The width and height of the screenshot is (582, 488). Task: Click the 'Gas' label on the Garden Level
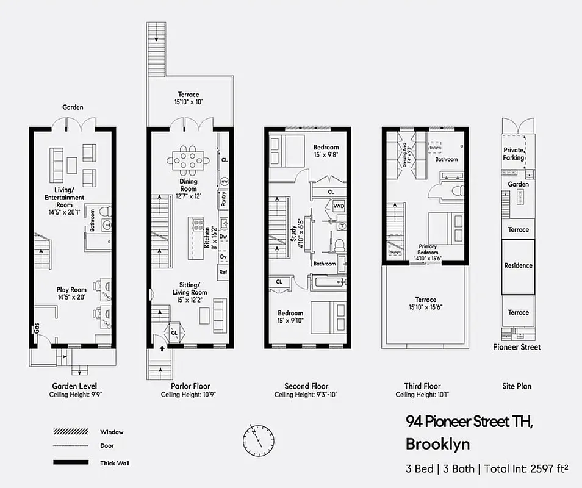click(36, 329)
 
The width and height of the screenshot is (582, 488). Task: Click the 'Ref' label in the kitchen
click(223, 272)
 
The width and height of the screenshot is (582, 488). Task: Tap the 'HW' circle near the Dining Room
click(224, 182)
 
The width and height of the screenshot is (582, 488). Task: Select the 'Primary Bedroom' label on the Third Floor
click(428, 249)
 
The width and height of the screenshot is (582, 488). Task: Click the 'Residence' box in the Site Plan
click(518, 265)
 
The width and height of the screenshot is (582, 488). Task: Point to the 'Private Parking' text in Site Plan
click(513, 154)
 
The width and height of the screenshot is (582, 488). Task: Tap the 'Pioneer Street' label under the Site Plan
click(517, 347)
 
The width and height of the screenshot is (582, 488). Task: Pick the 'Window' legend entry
click(112, 432)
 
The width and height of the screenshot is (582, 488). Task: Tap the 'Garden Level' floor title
click(74, 386)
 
